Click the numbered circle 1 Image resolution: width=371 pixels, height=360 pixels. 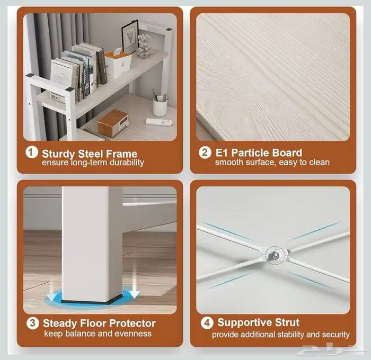(x=32, y=152)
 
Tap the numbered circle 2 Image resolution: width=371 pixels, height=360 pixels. (x=205, y=152)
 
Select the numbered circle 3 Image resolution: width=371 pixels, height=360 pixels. (x=33, y=323)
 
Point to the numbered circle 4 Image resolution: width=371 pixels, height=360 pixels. (x=207, y=322)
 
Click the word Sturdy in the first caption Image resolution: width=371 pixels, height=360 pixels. (x=58, y=154)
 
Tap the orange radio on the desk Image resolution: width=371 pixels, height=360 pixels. (x=113, y=123)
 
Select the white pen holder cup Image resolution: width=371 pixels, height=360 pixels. (x=160, y=107)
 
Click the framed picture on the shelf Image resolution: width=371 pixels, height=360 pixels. (x=130, y=37)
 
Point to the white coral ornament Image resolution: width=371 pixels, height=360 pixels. (x=145, y=46)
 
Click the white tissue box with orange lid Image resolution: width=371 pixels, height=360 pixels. (x=118, y=64)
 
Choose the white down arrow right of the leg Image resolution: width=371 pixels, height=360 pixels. (x=134, y=281)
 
